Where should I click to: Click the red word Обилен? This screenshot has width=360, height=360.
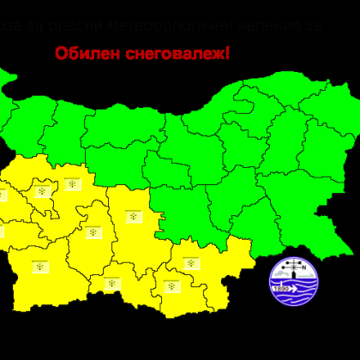tap(83, 54)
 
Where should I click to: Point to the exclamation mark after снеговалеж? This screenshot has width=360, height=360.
tap(227, 53)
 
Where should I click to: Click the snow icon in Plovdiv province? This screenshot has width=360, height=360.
tap(134, 217)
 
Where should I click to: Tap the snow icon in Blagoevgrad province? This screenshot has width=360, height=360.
tap(40, 267)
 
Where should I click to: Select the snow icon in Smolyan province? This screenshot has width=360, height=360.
tap(112, 282)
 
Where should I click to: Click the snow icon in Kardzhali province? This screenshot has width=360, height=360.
tap(171, 284)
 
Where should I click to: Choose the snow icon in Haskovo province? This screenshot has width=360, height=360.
tap(191, 262)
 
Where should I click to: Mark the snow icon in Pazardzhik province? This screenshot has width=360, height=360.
tap(93, 231)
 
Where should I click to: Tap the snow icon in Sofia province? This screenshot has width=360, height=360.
tap(72, 183)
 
